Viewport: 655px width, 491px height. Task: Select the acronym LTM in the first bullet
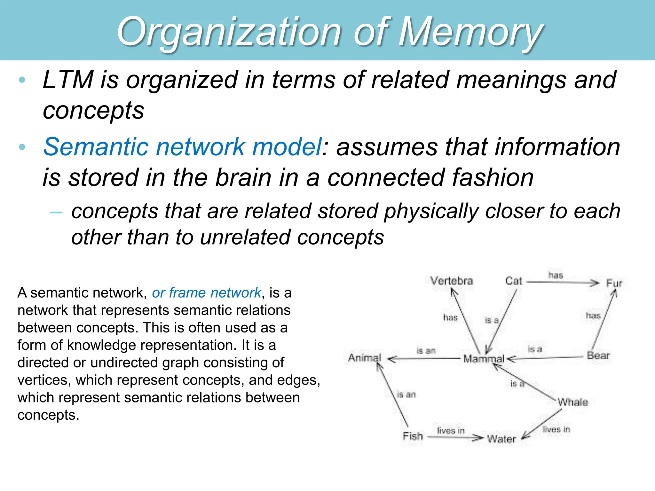(68, 80)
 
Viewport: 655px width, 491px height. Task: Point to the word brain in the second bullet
(243, 177)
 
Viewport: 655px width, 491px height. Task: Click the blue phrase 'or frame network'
(206, 293)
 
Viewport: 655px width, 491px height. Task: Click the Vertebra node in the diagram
(451, 281)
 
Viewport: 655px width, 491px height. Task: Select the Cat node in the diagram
(514, 281)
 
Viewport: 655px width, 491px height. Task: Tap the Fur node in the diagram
(614, 283)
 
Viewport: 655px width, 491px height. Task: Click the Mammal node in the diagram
(484, 359)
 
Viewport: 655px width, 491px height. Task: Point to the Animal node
(364, 357)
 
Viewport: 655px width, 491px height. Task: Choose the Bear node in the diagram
(598, 355)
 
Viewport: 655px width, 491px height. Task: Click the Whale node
(572, 402)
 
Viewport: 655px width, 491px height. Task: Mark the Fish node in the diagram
(413, 436)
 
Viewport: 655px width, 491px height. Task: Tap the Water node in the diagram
(501, 439)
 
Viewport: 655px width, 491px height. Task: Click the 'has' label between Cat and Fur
(556, 275)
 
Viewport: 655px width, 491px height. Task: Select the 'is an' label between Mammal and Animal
(426, 351)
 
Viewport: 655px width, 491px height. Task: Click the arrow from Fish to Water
(456, 437)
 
